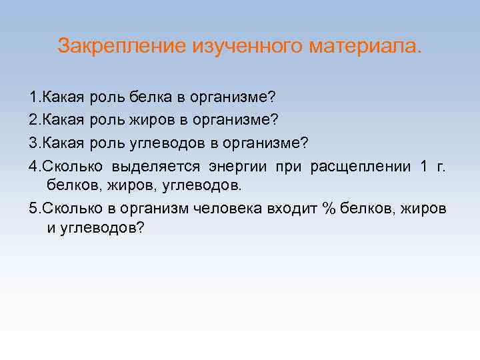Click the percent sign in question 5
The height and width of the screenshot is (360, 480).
[x=327, y=207]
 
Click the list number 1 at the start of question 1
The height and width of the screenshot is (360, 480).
[x=33, y=98]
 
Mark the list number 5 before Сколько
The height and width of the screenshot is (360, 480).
[x=33, y=207]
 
